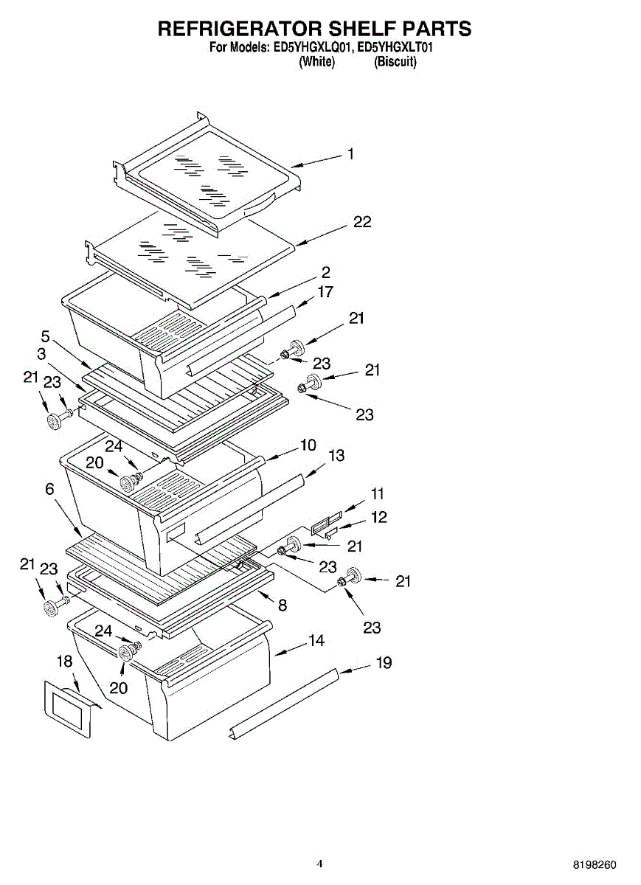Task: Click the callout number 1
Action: coord(351,154)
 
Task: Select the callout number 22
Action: coord(362,221)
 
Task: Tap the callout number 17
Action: coord(325,292)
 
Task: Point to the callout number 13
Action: coord(336,456)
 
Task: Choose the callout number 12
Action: coord(378,517)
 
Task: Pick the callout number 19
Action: coord(384,663)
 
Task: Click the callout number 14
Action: coord(316,641)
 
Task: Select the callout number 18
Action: coord(65,661)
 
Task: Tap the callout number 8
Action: coord(283,605)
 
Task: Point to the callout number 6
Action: coord(49,489)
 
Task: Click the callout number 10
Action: coord(308,445)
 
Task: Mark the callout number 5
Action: coord(45,336)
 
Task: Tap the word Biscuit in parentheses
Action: coord(395,63)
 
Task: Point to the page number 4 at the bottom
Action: coord(319,864)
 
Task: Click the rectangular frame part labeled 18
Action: coord(67,708)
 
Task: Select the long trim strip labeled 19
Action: coord(284,701)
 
